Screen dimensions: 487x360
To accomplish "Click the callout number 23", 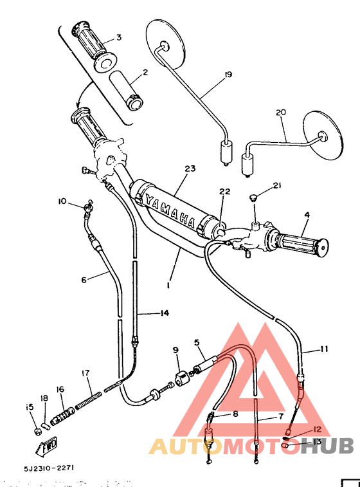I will [189, 169].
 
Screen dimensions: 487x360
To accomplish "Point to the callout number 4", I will [306, 214].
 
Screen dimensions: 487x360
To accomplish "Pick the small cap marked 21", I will [254, 195].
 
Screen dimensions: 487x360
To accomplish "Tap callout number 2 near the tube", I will [145, 72].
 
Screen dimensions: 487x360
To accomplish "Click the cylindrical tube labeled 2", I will [126, 91].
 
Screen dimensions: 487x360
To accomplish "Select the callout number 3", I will [118, 37].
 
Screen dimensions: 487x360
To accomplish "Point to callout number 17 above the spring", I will [85, 372].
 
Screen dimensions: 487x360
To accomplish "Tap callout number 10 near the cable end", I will [62, 201].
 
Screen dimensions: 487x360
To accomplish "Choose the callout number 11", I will [323, 349].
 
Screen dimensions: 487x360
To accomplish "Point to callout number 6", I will [83, 280].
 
